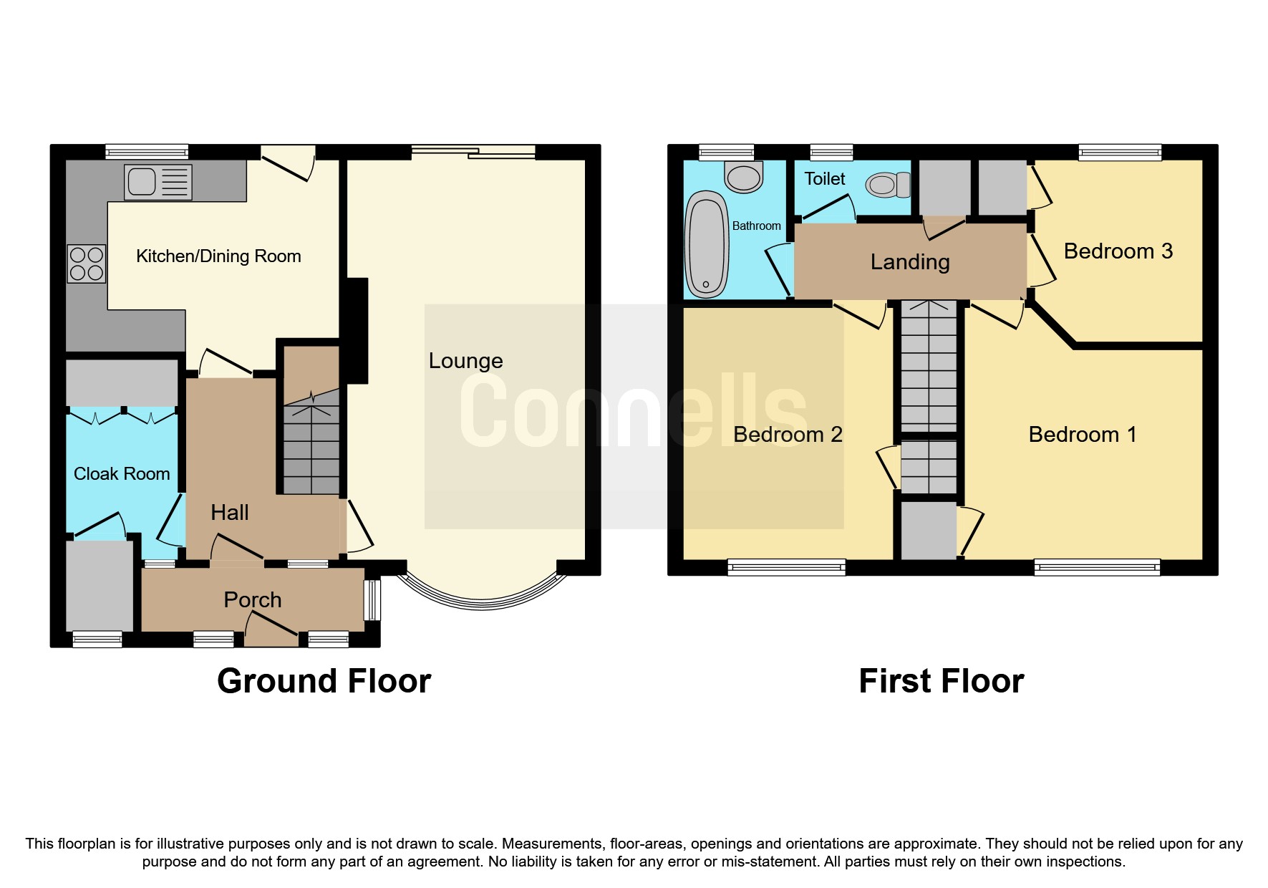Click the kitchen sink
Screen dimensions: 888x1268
pos(158,182)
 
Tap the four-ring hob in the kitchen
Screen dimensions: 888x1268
pos(87,264)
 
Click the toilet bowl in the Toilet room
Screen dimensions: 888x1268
pos(886,185)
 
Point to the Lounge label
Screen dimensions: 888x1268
pos(465,361)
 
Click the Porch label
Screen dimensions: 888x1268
pos(252,600)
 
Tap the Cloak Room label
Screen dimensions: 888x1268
pos(122,474)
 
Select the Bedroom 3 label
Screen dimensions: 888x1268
pos(1118,251)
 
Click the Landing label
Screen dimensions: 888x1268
pos(909,262)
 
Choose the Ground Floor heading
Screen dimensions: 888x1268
pos(324,681)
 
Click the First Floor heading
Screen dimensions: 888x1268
pos(941,681)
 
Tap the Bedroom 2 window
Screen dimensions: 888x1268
pos(786,568)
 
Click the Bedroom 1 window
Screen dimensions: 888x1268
pos(1096,568)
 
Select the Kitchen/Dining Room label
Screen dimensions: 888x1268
pos(218,256)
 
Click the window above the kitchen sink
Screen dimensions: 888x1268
pos(147,152)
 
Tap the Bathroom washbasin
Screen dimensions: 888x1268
pos(744,177)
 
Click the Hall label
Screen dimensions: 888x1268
pos(230,513)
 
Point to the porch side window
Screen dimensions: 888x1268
pos(372,599)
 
